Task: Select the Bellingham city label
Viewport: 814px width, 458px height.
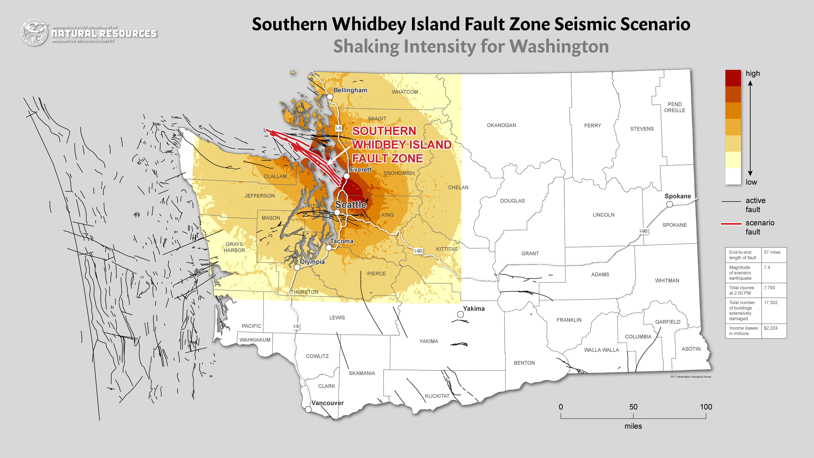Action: [350, 90]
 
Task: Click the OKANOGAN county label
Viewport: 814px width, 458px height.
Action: [501, 125]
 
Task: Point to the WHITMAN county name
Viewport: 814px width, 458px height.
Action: [667, 280]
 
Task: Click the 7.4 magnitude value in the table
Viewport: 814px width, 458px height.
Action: [767, 267]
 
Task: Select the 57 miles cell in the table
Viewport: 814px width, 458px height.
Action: [772, 252]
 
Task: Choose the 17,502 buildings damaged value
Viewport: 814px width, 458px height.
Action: [771, 302]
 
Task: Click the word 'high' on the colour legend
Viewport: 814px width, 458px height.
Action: [753, 73]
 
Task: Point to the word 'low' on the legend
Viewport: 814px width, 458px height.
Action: [751, 182]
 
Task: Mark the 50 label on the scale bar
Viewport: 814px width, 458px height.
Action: [633, 407]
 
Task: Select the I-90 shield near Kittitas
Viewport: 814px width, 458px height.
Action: [418, 251]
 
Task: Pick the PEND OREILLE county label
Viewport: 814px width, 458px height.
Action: [675, 107]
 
